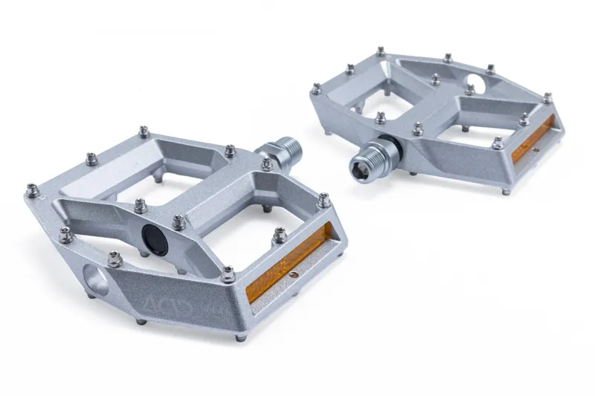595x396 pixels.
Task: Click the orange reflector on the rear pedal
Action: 532,141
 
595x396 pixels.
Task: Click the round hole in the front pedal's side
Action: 97,281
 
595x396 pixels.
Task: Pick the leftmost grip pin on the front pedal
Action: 33,190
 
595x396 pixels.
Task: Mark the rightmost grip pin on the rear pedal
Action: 547,97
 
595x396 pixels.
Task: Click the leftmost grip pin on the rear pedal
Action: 316,88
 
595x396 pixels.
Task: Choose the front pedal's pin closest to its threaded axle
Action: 266,163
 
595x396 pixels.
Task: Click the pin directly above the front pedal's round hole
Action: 114,258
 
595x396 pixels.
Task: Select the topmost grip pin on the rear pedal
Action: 380,51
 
